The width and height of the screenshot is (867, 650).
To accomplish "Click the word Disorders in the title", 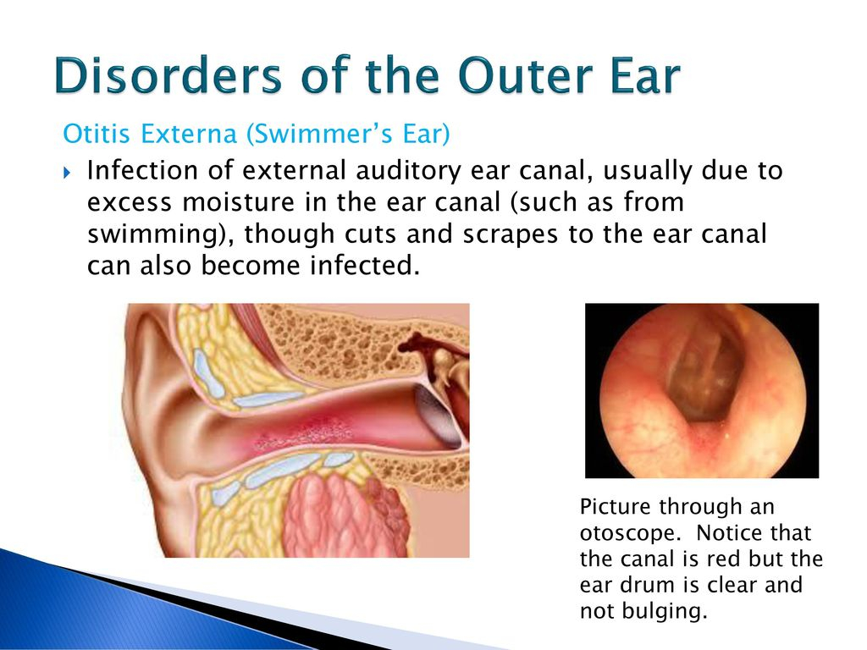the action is coord(168,75).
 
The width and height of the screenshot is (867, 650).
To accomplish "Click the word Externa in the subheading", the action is coord(189,134).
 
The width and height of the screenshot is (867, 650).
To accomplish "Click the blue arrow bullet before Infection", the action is coord(67,173).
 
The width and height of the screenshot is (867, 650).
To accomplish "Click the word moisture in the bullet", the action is coord(238,202).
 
